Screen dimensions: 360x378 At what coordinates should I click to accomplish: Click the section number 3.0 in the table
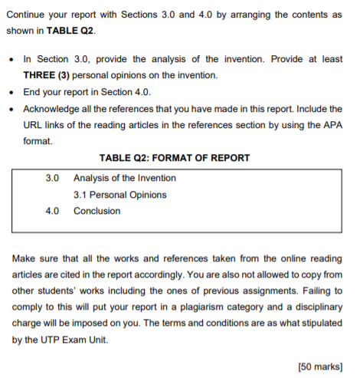tap(52, 178)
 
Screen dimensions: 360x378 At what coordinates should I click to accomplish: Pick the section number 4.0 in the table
tap(52, 211)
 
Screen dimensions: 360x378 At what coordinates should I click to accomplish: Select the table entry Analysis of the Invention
tap(125, 178)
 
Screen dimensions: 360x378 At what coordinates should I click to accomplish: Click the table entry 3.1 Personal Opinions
tap(119, 195)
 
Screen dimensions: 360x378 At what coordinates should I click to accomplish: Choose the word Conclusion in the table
tap(97, 211)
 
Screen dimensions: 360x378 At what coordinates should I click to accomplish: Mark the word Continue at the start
tap(33, 15)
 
